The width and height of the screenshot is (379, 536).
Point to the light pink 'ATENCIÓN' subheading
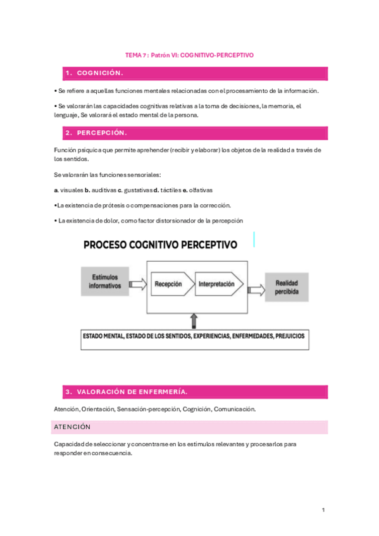(x=72, y=427)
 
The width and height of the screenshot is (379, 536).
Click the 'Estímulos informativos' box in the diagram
(x=105, y=281)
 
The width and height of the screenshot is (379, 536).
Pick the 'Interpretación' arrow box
(x=217, y=284)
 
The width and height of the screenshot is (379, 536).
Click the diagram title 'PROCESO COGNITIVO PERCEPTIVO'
(x=159, y=244)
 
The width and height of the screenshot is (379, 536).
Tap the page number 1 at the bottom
(x=323, y=510)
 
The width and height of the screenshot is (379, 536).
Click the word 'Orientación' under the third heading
(x=97, y=409)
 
